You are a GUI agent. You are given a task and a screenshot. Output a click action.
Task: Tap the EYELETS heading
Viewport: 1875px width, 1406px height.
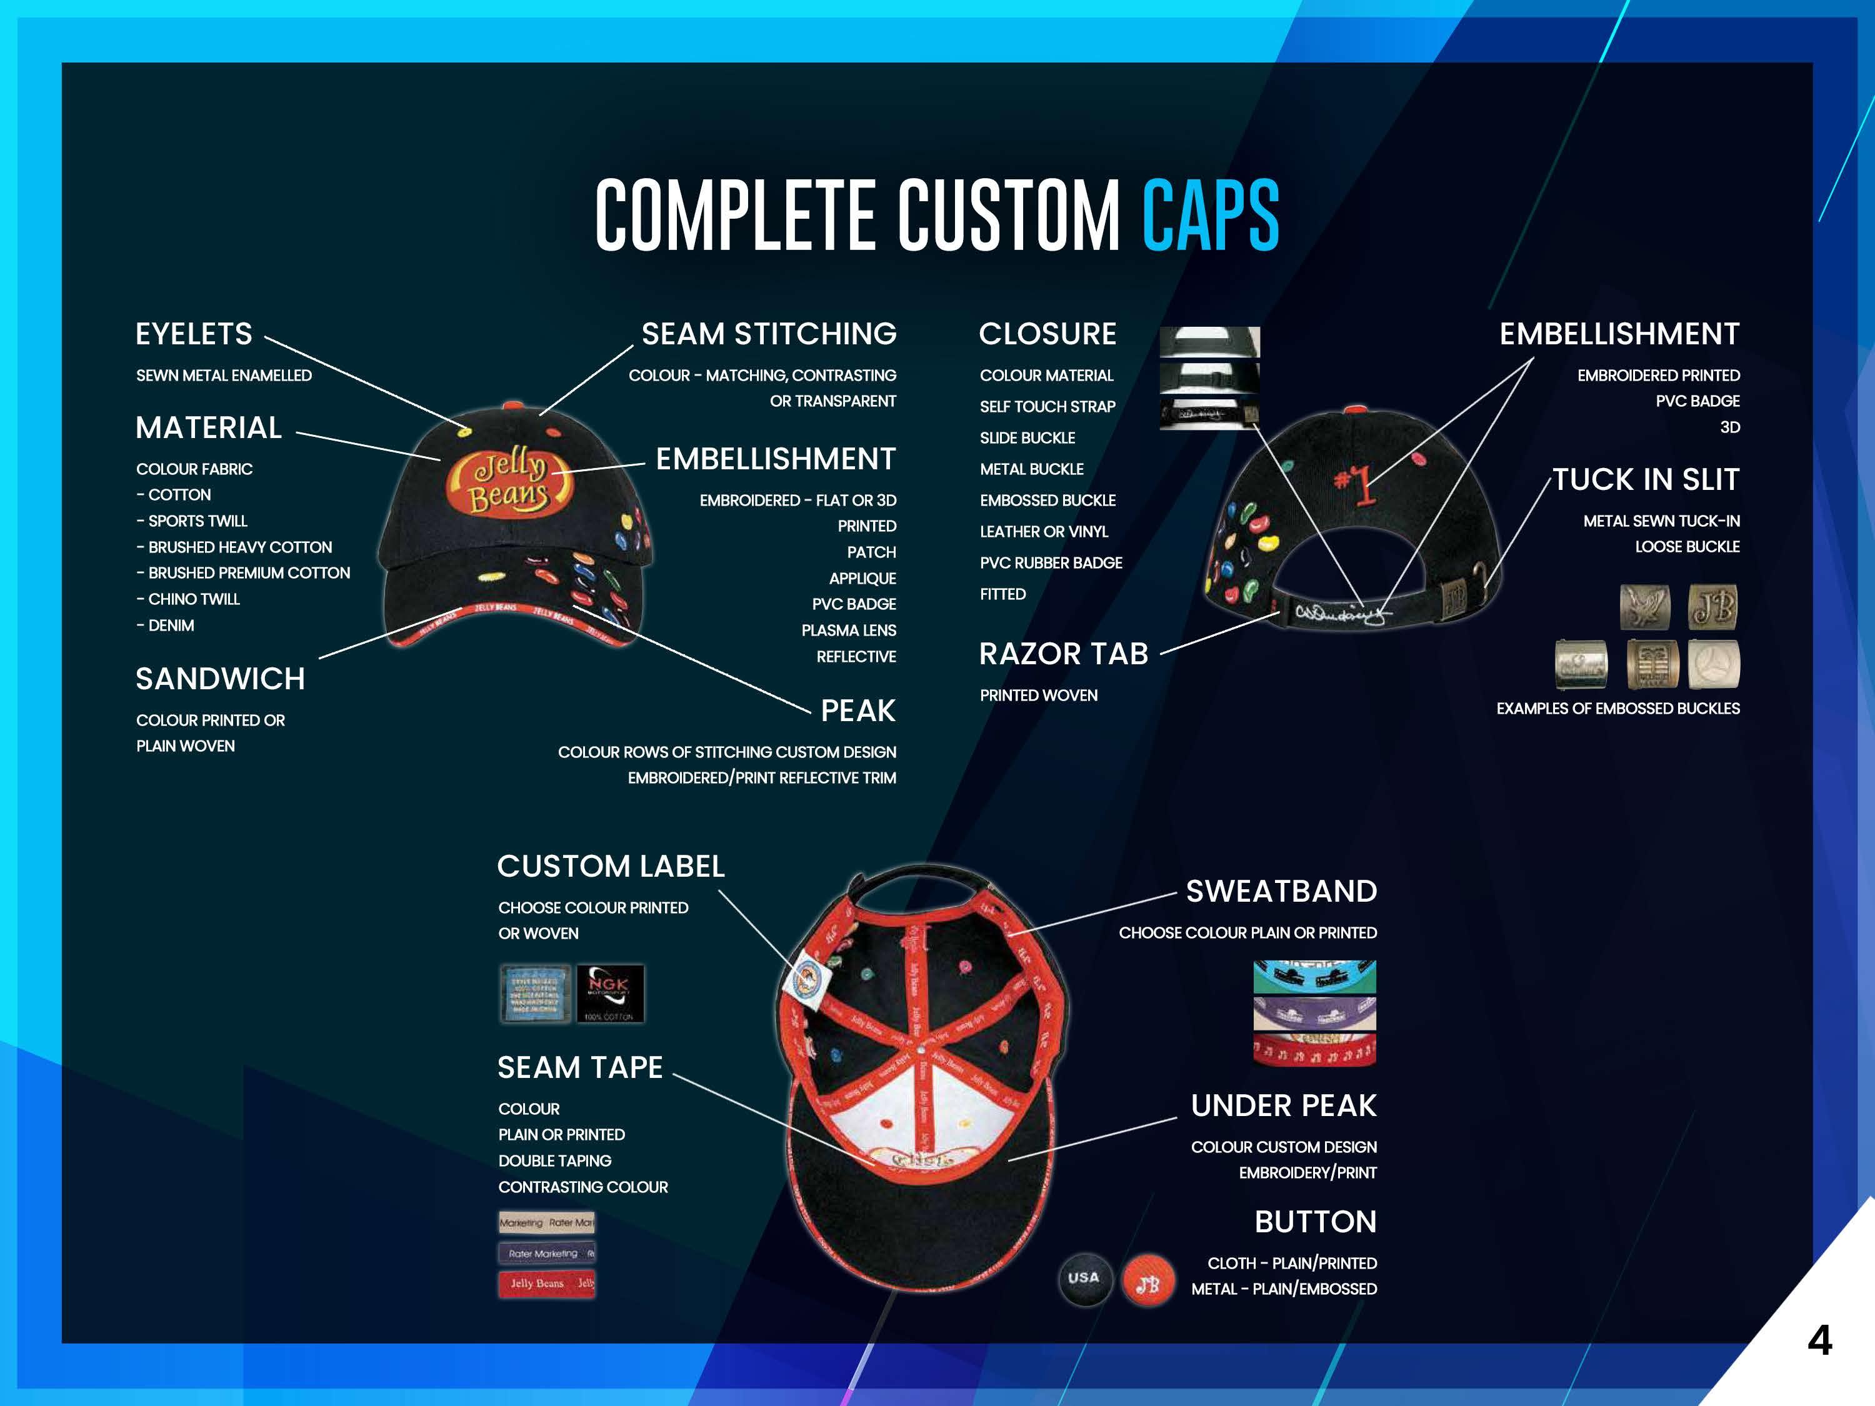tap(194, 334)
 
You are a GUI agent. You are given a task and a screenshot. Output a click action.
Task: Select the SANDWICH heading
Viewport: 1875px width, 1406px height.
tap(221, 678)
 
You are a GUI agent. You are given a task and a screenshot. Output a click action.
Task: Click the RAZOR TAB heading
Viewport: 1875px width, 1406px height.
tap(1063, 654)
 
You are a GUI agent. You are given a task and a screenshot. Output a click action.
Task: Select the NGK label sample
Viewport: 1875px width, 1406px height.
tap(609, 992)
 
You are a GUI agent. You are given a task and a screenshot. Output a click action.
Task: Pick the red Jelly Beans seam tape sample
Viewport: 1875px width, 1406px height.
tap(547, 1283)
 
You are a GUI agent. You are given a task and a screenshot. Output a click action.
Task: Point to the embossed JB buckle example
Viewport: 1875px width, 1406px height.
tap(1712, 607)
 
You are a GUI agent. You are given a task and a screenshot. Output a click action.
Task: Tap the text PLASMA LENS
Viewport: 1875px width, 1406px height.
tap(849, 631)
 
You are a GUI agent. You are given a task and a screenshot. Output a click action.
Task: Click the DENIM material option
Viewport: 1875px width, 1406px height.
tap(166, 626)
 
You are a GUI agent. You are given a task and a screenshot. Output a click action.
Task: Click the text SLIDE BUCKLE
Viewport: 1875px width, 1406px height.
tap(1027, 438)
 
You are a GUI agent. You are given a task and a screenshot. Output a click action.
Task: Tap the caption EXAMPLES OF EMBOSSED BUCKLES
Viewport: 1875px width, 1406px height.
tap(1617, 709)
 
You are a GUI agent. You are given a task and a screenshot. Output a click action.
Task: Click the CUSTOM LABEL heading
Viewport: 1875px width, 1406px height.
tap(610, 866)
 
